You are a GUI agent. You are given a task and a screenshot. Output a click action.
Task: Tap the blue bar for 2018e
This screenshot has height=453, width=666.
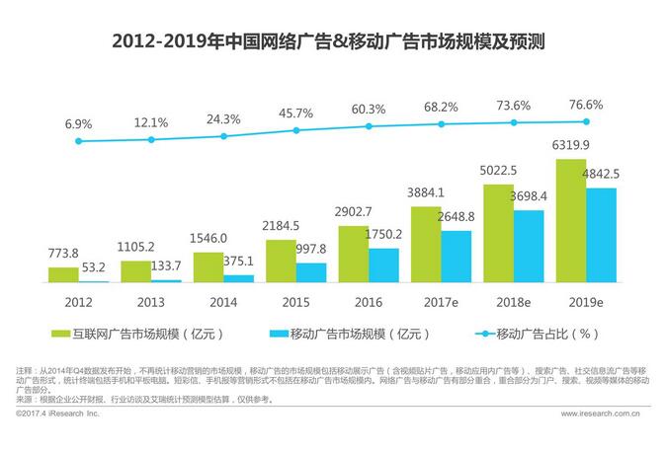(528, 247)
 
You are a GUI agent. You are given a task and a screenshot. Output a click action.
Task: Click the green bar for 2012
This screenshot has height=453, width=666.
(63, 274)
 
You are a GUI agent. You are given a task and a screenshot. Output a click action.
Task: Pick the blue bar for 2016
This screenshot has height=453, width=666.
(383, 265)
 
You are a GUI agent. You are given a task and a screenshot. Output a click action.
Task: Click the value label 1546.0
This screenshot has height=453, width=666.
(208, 239)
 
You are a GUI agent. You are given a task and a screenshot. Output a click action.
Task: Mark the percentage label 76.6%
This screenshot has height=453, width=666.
(586, 104)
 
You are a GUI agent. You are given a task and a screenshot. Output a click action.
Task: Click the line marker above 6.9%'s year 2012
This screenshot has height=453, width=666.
(78, 141)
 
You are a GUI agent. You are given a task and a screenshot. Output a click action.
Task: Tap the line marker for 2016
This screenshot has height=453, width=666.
(369, 126)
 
